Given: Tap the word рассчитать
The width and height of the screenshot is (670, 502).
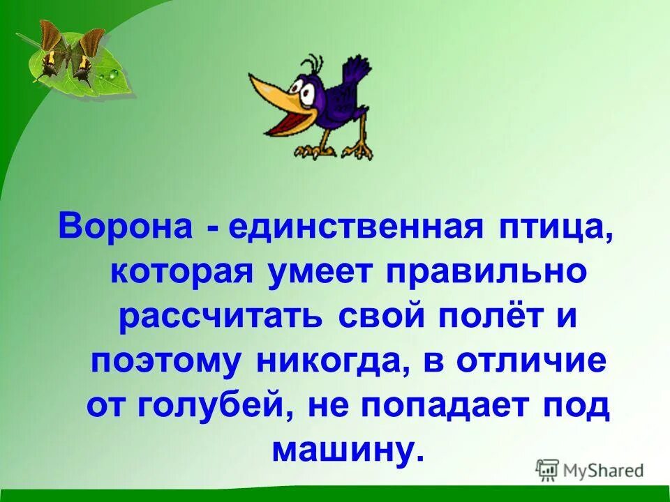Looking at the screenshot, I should pos(221,317).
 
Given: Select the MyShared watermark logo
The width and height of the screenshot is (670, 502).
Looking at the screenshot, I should pos(590,470).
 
